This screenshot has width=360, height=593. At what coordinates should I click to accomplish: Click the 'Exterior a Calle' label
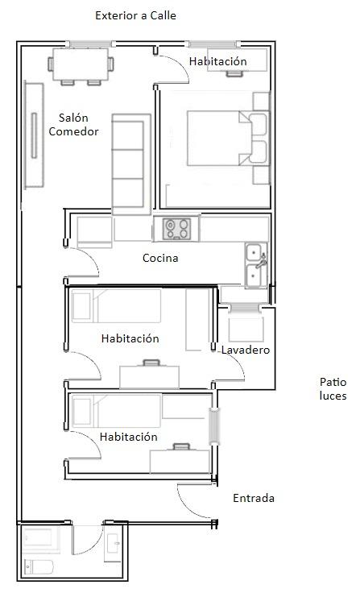pyautogui.click(x=135, y=15)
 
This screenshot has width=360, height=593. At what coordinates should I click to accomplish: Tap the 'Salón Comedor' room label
pyautogui.click(x=73, y=125)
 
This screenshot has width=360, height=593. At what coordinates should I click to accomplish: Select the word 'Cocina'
pyautogui.click(x=160, y=259)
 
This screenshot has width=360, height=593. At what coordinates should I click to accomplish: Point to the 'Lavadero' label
pyautogui.click(x=245, y=350)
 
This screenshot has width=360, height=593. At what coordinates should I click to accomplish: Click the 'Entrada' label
pyautogui.click(x=253, y=498)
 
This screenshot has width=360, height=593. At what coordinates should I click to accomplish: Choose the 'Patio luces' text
pyautogui.click(x=332, y=389)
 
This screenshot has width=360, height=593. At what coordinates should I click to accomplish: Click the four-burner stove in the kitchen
pyautogui.click(x=176, y=229)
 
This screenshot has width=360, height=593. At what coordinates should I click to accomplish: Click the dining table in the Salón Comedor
pyautogui.click(x=81, y=64)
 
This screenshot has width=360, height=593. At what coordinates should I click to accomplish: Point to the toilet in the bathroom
pyautogui.click(x=37, y=567)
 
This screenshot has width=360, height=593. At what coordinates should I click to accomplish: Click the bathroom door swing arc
pyautogui.click(x=88, y=538)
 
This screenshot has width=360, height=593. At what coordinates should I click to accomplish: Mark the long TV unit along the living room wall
pyautogui.click(x=34, y=135)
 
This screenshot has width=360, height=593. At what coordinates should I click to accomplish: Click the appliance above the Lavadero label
pyautogui.click(x=245, y=328)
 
